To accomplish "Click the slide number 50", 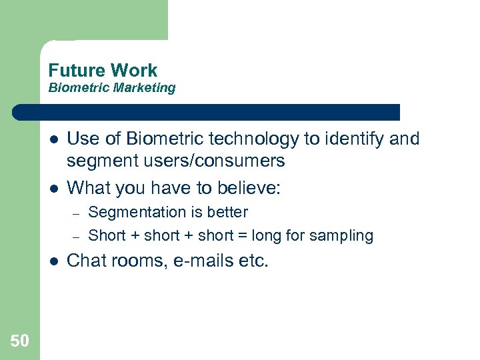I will [x=19, y=341].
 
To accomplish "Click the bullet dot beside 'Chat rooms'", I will [x=53, y=261].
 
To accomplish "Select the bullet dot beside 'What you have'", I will [x=53, y=189].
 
